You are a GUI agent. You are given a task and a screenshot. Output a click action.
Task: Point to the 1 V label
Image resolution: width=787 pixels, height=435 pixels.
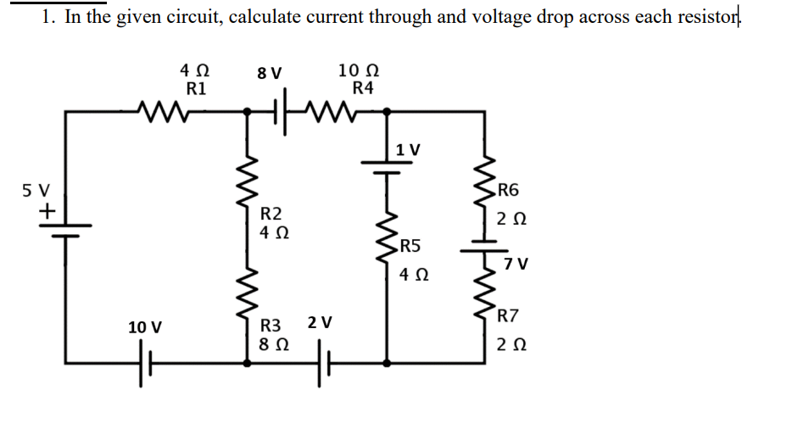pos(407,150)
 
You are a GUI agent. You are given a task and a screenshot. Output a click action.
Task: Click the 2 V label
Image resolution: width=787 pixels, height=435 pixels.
pos(320,323)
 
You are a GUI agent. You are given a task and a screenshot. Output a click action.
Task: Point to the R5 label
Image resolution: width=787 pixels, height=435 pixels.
pos(410,248)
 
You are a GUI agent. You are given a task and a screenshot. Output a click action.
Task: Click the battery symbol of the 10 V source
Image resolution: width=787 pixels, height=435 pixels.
pos(147,362)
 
